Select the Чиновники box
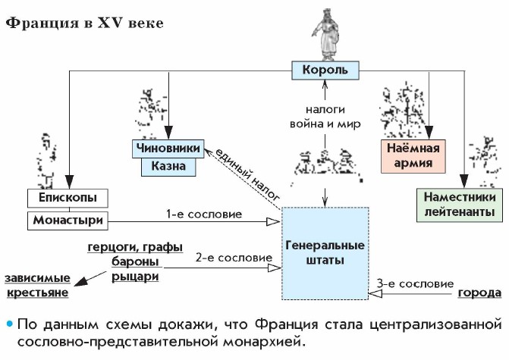[168, 148]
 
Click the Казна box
[168, 164]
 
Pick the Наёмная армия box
[413, 155]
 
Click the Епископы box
[68, 199]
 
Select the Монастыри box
[68, 221]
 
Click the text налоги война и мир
[324, 115]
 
